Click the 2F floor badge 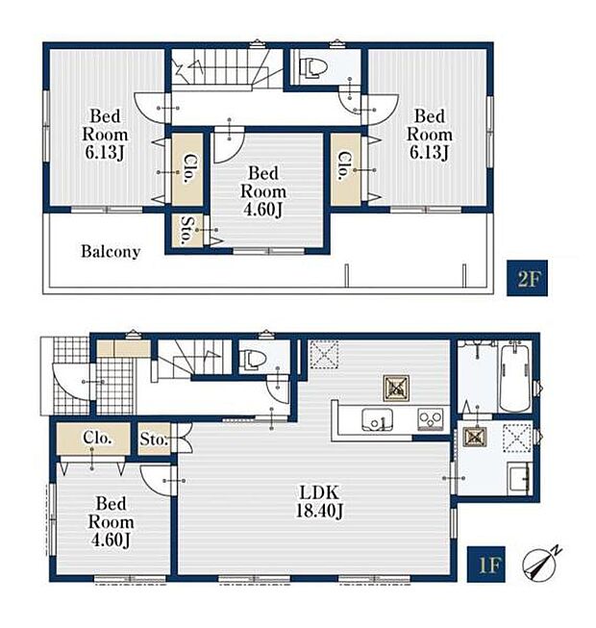[x=527, y=278]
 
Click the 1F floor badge [x=485, y=564]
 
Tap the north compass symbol [x=540, y=563]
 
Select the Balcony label [x=111, y=252]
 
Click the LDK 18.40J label [x=319, y=501]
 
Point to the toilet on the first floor [x=251, y=358]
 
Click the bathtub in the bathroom [x=514, y=377]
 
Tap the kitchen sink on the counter [x=377, y=419]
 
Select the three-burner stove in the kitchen [x=431, y=419]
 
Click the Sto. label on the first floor [x=153, y=440]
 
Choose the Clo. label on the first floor [x=96, y=438]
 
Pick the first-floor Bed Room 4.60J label [x=111, y=522]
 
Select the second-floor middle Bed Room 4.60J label [x=263, y=191]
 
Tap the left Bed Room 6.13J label [x=105, y=135]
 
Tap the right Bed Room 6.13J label [x=430, y=135]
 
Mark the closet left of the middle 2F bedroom [x=187, y=169]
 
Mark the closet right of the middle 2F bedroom [x=345, y=169]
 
